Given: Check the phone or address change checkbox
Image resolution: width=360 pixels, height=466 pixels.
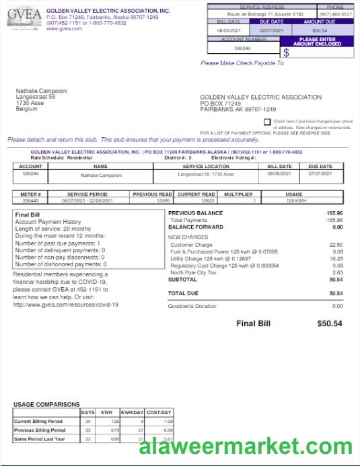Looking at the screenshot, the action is (267, 122).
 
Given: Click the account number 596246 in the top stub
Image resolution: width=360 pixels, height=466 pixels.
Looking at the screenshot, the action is (242, 48).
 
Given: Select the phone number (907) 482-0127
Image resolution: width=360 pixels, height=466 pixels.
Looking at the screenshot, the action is (335, 13).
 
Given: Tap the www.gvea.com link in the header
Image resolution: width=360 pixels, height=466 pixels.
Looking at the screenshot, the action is (65, 28).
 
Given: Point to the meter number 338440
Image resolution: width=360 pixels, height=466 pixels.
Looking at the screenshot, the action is (30, 200).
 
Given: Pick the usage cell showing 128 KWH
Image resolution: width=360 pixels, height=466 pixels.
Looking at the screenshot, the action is (296, 200).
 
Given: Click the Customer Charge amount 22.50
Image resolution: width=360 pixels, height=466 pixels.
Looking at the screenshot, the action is (336, 245).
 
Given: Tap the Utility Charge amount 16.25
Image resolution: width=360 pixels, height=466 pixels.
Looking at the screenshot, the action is (336, 258).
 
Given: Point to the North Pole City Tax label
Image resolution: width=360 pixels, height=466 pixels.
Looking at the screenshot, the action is (194, 272).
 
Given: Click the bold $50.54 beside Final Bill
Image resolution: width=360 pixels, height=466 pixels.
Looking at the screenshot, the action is (330, 323).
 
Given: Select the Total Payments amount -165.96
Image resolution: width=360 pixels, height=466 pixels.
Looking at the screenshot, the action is (334, 220).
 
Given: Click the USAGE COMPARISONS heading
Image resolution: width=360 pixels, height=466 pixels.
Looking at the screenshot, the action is (46, 404).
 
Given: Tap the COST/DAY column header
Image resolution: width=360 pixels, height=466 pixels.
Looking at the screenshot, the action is (159, 412).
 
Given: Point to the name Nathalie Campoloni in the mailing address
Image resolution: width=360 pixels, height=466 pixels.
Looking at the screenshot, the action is (42, 91).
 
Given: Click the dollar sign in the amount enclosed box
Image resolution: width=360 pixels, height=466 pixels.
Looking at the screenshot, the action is (286, 52).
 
